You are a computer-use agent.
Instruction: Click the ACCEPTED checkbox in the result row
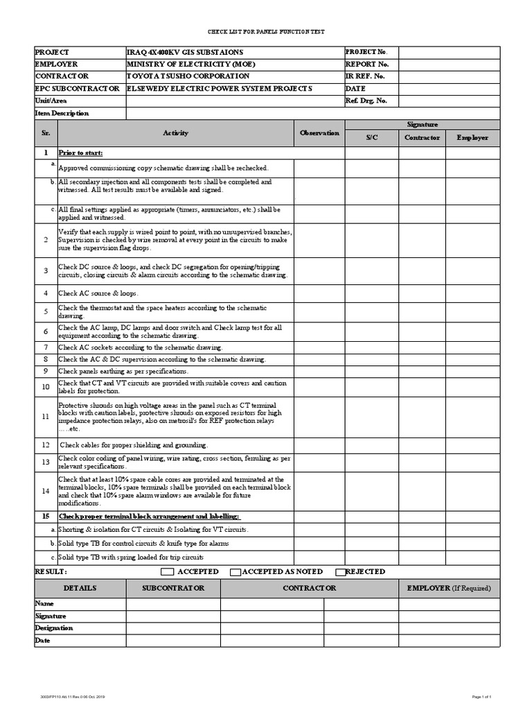(x=167, y=572)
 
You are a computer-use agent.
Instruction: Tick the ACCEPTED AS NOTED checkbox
(x=236, y=572)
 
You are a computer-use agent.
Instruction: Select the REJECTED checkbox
(x=340, y=572)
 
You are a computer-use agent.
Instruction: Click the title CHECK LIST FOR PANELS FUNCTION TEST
(x=266, y=32)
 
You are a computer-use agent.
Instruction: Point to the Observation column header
(x=319, y=132)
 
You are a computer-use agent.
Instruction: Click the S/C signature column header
(x=371, y=137)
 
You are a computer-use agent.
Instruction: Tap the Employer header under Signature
(x=472, y=137)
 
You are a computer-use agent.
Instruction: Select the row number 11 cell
(x=45, y=417)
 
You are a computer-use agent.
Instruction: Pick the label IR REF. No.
(x=364, y=76)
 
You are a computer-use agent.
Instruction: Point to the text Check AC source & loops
(x=98, y=293)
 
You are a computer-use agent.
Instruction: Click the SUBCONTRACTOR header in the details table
(x=173, y=588)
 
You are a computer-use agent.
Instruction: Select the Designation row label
(x=53, y=628)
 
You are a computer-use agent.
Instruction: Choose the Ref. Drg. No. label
(x=366, y=101)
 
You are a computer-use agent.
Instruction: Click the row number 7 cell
(x=45, y=347)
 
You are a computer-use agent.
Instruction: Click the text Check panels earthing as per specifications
(x=123, y=372)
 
